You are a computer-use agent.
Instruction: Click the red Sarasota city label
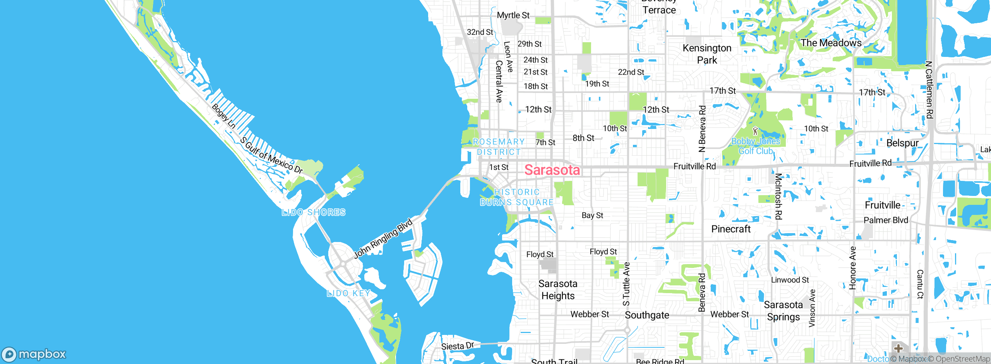[x=552, y=170]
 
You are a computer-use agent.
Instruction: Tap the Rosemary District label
[x=499, y=147]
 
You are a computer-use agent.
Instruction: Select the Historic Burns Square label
[x=517, y=197]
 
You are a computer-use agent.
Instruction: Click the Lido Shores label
[x=314, y=212]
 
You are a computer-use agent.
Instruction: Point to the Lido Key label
[x=348, y=293]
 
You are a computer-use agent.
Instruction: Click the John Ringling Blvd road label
[x=383, y=239]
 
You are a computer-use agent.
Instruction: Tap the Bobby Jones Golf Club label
[x=756, y=146]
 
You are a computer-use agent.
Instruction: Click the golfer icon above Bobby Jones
[x=755, y=131]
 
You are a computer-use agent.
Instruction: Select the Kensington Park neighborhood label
[x=707, y=54]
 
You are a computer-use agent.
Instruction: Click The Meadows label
[x=831, y=43]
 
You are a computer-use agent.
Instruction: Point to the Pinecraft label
[x=731, y=229]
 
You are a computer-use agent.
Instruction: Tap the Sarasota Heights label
[x=558, y=290]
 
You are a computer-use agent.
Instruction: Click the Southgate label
[x=647, y=315]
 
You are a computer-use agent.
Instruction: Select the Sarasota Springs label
[x=783, y=311]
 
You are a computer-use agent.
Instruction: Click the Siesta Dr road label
[x=458, y=346]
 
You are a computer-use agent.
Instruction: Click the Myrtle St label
[x=513, y=15]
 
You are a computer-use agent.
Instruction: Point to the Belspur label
[x=902, y=143]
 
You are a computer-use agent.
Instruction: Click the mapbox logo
[x=34, y=354]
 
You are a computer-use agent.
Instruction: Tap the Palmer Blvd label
[x=886, y=220]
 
